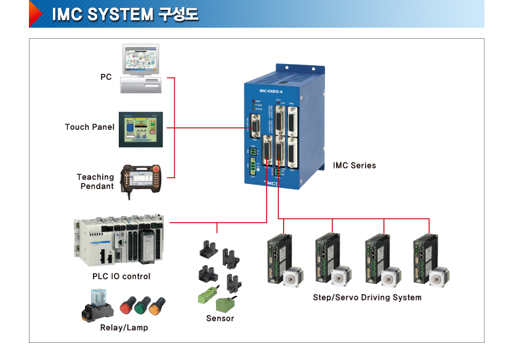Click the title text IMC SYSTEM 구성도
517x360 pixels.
coord(125,14)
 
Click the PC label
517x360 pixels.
coord(106,77)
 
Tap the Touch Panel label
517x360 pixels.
coord(90,127)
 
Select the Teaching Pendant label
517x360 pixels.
coord(95,181)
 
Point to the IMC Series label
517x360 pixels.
coord(354,166)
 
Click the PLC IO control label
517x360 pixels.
coord(121,276)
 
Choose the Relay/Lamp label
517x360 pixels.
coord(124,327)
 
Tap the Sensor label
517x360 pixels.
coord(220,318)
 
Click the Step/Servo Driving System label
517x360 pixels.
coord(367,297)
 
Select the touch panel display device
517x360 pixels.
coord(141,129)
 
